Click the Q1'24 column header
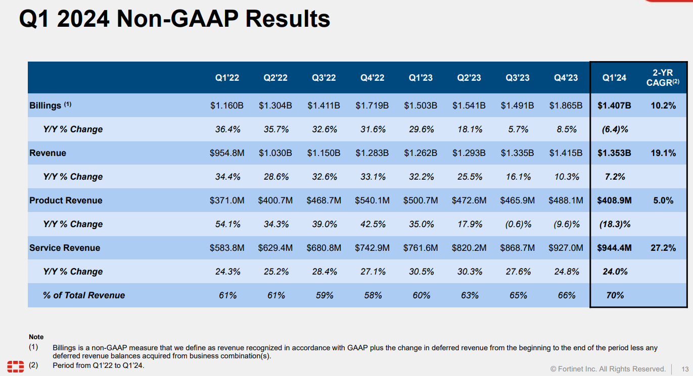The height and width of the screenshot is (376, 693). pyautogui.click(x=614, y=78)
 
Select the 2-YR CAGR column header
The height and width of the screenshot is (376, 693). pyautogui.click(x=663, y=78)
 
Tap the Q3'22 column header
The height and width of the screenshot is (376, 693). pyautogui.click(x=324, y=78)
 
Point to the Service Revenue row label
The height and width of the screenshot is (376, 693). pyautogui.click(x=65, y=248)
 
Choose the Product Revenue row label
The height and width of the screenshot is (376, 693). pyautogui.click(x=66, y=200)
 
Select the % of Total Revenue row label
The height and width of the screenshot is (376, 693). pyautogui.click(x=84, y=295)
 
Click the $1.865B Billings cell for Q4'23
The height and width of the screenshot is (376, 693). pyautogui.click(x=566, y=105)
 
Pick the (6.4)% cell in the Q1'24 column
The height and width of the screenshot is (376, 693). pyautogui.click(x=615, y=129)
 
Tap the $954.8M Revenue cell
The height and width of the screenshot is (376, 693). pyautogui.click(x=227, y=153)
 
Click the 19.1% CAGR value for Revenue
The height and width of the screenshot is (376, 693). pyautogui.click(x=663, y=153)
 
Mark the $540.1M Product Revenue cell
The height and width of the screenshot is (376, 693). pyautogui.click(x=372, y=200)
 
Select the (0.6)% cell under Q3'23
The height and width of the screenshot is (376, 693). pyautogui.click(x=518, y=224)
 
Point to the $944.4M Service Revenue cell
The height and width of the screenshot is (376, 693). pyautogui.click(x=614, y=248)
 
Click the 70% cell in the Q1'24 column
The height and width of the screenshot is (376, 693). pyautogui.click(x=615, y=295)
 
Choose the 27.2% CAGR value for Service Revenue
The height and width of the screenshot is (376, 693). pyautogui.click(x=663, y=248)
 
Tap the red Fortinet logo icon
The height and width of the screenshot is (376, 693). pyautogui.click(x=15, y=366)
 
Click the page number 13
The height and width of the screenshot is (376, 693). pyautogui.click(x=685, y=368)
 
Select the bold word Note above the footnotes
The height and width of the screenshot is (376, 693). pyautogui.click(x=36, y=337)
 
